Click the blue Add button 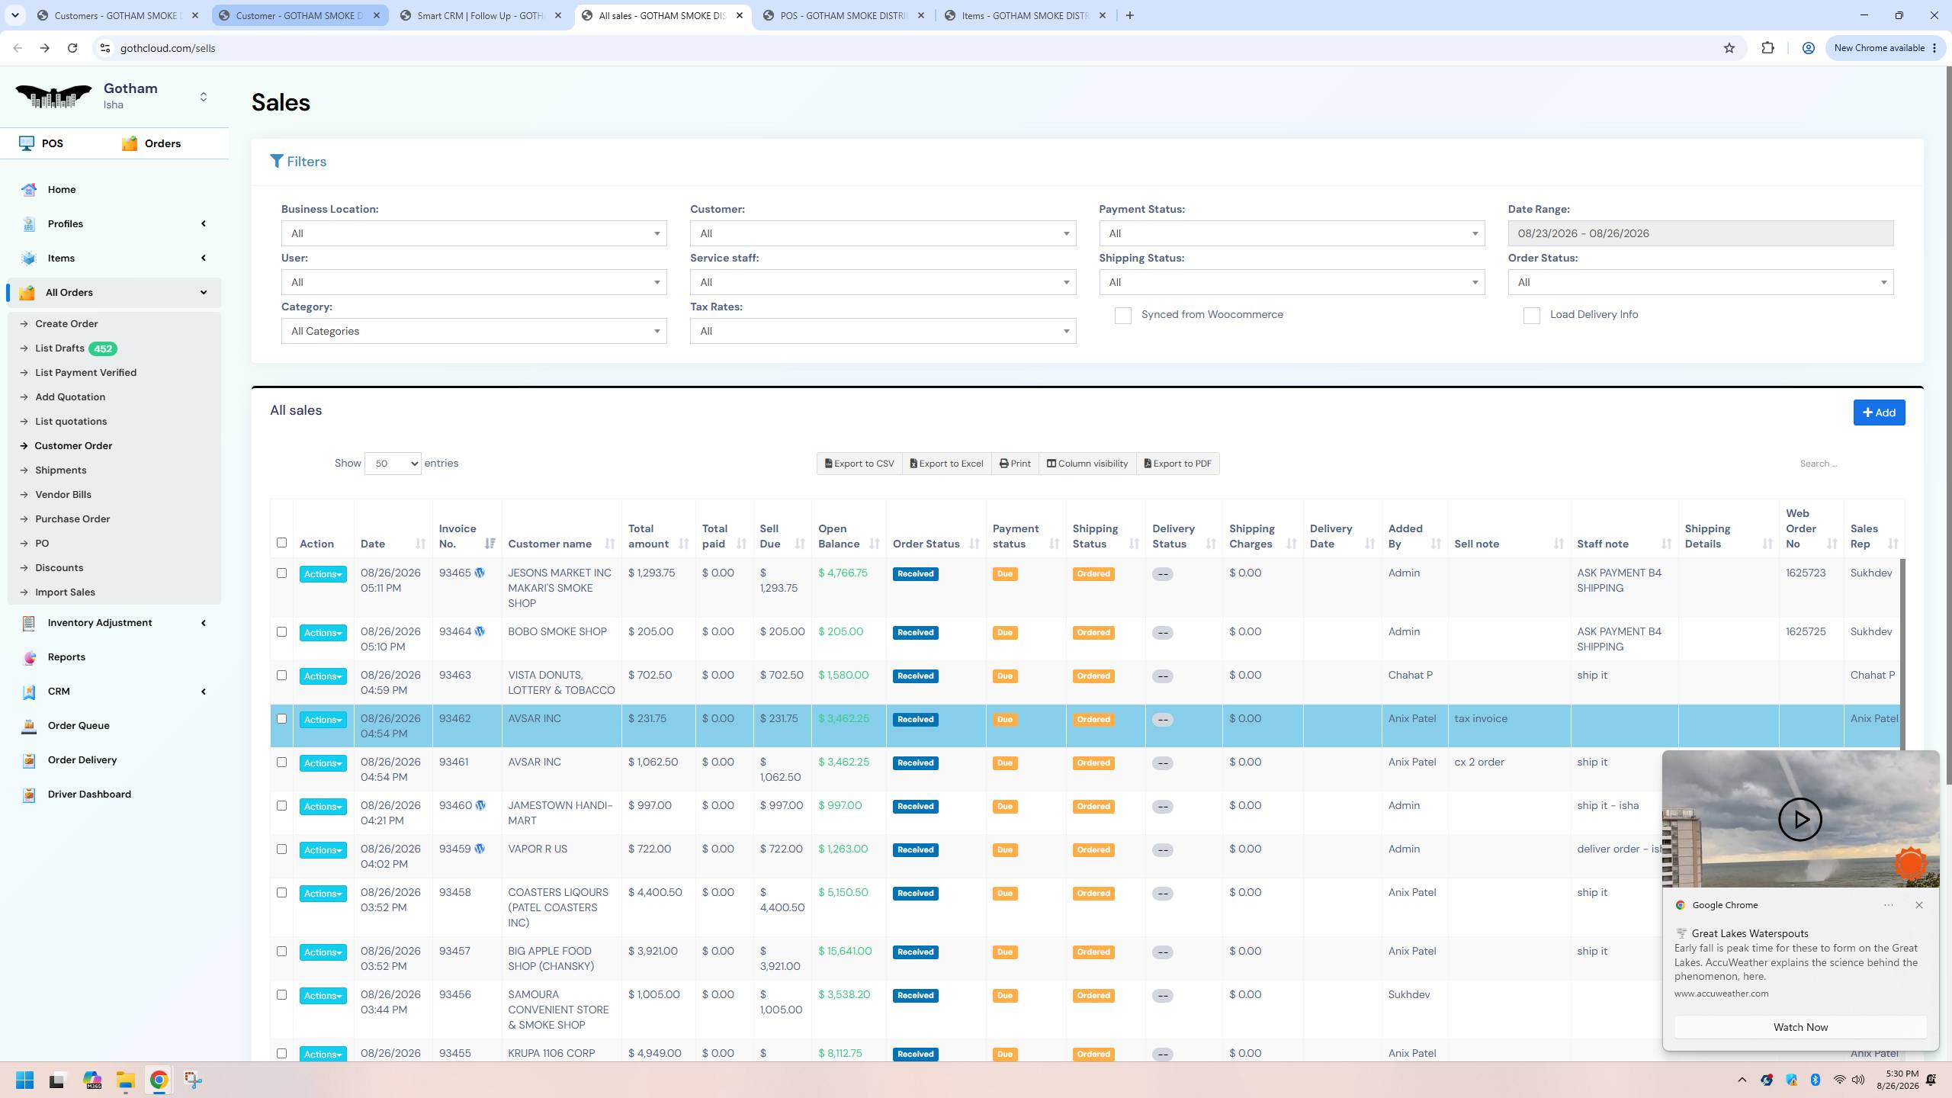click(x=1879, y=413)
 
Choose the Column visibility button click(x=1087, y=464)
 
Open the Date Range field click(x=1700, y=233)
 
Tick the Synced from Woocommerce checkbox click(x=1122, y=316)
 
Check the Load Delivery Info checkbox click(x=1531, y=316)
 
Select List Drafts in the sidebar click(x=59, y=348)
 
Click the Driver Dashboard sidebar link click(x=89, y=795)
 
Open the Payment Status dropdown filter click(x=1292, y=233)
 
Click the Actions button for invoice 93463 click(x=323, y=676)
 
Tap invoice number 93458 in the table click(x=455, y=892)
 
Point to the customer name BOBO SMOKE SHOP click(x=557, y=631)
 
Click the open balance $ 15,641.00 click(x=845, y=951)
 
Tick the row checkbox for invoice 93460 click(x=281, y=806)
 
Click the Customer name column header click(x=550, y=544)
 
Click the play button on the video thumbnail click(x=1799, y=820)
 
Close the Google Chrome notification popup click(x=1919, y=905)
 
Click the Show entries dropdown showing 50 click(x=393, y=464)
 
